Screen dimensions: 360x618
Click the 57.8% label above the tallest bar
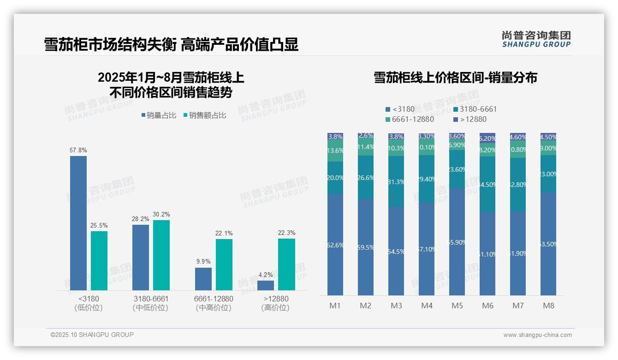click(x=78, y=150)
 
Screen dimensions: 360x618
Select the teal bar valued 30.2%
click(x=161, y=255)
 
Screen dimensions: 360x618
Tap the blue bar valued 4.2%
click(x=266, y=285)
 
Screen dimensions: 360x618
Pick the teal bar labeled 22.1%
click(x=224, y=264)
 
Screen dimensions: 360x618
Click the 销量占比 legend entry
click(x=158, y=115)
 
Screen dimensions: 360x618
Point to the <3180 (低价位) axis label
click(x=88, y=303)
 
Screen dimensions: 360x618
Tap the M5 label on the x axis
click(x=457, y=306)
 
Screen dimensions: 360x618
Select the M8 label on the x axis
click(x=548, y=306)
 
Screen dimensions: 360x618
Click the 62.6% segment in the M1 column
click(x=335, y=245)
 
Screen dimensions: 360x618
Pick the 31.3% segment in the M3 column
click(x=396, y=182)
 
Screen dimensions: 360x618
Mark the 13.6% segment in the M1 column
click(x=335, y=151)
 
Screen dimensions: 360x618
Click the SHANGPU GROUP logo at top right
click(x=536, y=39)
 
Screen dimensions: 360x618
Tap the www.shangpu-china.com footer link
click(x=537, y=335)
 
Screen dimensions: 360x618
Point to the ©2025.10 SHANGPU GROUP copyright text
click(x=92, y=335)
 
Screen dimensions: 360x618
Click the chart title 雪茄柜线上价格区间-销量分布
click(x=455, y=78)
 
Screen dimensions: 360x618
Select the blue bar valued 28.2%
click(x=141, y=257)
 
